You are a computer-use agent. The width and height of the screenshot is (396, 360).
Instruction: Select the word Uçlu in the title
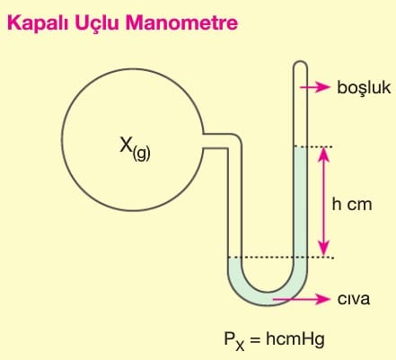97,23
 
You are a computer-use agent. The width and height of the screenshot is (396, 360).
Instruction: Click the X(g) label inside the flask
135,148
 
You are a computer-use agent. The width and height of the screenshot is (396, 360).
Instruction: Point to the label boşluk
364,88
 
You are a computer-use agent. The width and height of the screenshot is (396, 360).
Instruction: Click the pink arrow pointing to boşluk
314,87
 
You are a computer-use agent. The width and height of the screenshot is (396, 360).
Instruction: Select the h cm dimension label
352,205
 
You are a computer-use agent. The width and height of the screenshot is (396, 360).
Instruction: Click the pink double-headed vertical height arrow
323,202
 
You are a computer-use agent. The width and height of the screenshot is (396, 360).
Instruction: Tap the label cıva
354,299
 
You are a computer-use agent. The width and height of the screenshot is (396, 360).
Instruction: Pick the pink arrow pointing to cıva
301,299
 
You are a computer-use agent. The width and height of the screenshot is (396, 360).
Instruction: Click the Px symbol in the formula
234,341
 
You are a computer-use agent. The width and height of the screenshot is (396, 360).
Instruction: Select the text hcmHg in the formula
295,340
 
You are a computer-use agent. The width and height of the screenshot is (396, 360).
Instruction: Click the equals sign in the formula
254,340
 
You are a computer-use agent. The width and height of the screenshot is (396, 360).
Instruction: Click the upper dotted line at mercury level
313,146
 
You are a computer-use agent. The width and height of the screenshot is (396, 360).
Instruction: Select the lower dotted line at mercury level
280,257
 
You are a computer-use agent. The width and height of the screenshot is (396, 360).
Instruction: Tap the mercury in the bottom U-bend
268,298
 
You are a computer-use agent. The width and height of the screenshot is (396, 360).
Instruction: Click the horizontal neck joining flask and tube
216,141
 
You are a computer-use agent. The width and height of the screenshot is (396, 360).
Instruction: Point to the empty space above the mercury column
300,105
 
